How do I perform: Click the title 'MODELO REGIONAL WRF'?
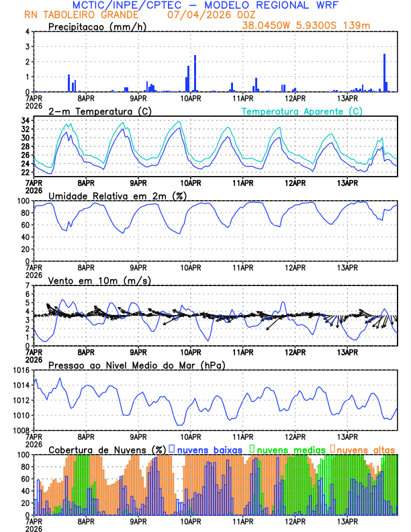(269, 5)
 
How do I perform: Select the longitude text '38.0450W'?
(265, 26)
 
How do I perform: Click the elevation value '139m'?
(357, 26)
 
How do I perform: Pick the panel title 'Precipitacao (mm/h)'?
(97, 26)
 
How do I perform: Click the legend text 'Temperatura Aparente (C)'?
(302, 111)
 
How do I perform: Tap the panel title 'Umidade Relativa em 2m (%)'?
(117, 195)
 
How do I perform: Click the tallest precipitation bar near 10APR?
(195, 73)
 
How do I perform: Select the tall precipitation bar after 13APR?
(384, 73)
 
